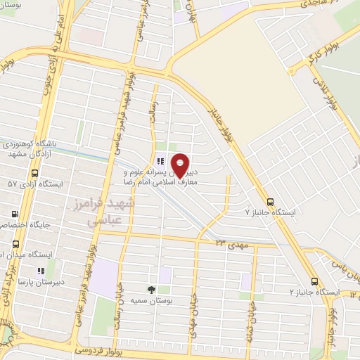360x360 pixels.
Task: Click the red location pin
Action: [181, 165]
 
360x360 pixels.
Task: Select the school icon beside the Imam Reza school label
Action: [160, 161]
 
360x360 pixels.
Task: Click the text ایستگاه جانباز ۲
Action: [314, 291]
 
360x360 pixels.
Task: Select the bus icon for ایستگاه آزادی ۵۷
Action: [35, 173]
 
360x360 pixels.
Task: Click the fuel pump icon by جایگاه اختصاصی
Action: [13, 214]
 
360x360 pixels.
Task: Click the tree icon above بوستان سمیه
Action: [151, 289]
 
